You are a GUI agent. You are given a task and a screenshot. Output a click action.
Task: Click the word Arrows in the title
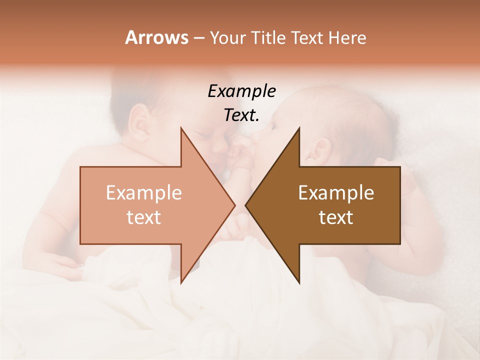(x=156, y=37)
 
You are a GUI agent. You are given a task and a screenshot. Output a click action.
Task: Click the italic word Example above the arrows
(x=241, y=91)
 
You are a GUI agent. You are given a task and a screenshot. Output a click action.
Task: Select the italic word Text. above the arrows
(x=241, y=115)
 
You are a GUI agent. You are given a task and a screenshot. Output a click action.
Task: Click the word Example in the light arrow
(x=144, y=193)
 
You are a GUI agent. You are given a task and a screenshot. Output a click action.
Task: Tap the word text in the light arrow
(x=144, y=217)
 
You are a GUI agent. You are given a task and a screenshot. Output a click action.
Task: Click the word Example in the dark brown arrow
(x=336, y=193)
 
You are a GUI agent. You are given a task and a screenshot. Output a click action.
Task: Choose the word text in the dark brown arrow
(x=336, y=217)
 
